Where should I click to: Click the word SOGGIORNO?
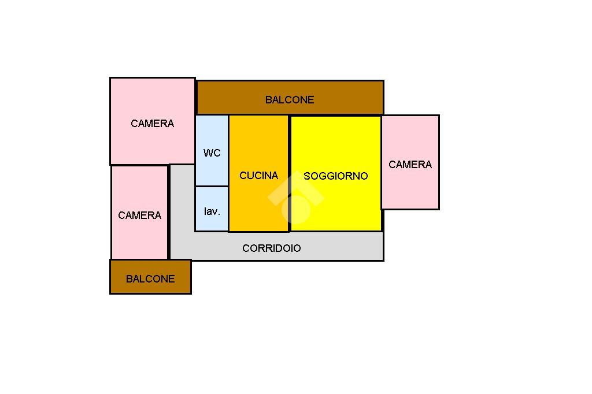coord(335,176)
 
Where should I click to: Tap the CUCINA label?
coord(258,176)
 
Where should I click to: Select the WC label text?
coord(212,153)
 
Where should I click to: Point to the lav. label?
coord(212,211)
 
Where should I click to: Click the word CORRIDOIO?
coord(271,248)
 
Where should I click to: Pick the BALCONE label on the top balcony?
coord(289,100)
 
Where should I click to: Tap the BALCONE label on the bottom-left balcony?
coord(150,279)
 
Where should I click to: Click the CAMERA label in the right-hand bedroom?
coord(410,165)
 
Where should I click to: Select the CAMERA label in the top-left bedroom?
coord(152,124)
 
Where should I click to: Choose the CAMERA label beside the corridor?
coord(139,215)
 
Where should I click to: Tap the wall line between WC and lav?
coord(212,186)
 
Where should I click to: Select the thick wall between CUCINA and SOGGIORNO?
coord(289,173)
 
